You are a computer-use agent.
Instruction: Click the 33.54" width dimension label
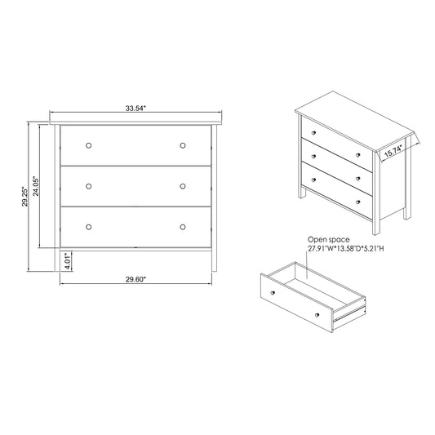click(x=135, y=107)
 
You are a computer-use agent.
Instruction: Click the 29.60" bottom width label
click(x=135, y=279)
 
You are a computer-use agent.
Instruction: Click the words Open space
click(x=328, y=239)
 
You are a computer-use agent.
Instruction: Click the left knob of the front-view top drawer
click(x=89, y=145)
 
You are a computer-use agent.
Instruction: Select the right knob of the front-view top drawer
click(x=183, y=145)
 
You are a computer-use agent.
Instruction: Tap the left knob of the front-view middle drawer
click(x=89, y=185)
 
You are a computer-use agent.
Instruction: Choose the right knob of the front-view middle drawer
click(x=183, y=185)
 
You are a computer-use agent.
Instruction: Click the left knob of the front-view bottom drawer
click(x=89, y=226)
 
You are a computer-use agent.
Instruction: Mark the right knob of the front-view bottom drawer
click(x=183, y=226)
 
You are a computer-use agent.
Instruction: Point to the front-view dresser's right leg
click(x=215, y=260)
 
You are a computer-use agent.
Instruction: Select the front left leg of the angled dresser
click(x=303, y=193)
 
